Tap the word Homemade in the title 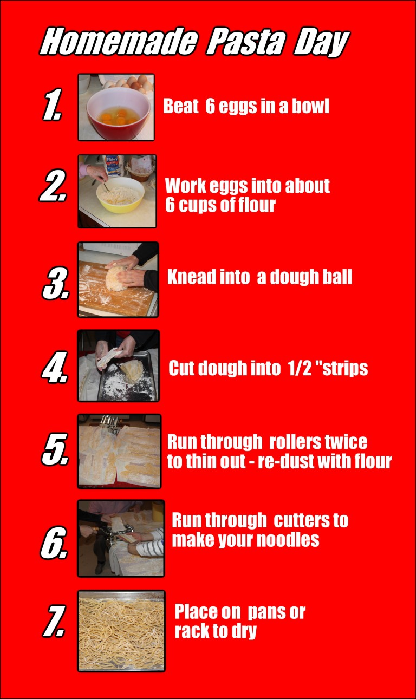[119, 42]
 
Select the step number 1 [52, 104]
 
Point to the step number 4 [55, 367]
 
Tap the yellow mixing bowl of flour [120, 195]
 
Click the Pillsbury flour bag [114, 165]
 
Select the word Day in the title [321, 43]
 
